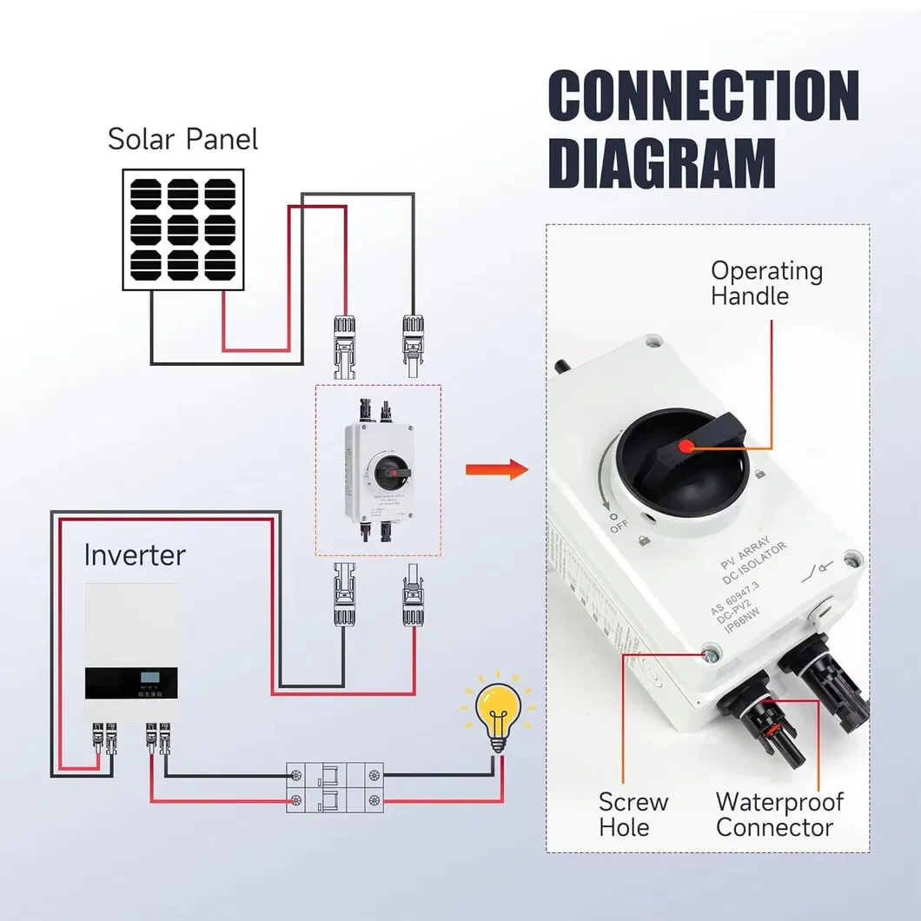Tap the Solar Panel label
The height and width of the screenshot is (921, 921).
pyautogui.click(x=182, y=139)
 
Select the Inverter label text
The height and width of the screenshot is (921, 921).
pyautogui.click(x=135, y=554)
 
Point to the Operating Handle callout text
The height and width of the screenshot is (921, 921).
pyautogui.click(x=765, y=283)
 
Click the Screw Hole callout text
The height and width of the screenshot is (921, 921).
pyautogui.click(x=633, y=814)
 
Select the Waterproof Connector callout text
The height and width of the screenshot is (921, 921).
pyautogui.click(x=779, y=814)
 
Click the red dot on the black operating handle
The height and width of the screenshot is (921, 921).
pyautogui.click(x=686, y=447)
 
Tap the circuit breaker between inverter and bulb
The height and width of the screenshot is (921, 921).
pyautogui.click(x=335, y=787)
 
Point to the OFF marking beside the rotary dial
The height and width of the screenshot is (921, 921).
pyautogui.click(x=618, y=524)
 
